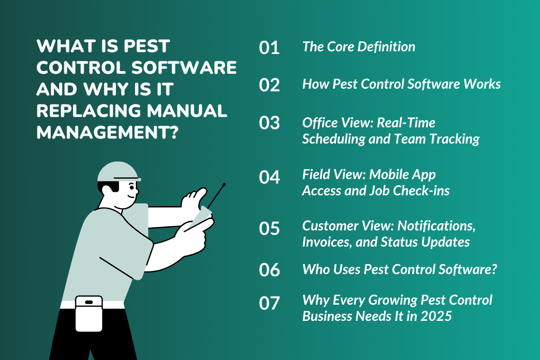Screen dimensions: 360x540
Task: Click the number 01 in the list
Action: (269, 48)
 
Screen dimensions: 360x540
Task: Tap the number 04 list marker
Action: (269, 177)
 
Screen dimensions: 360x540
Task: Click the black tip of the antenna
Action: (224, 184)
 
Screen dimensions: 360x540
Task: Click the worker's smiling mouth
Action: (131, 196)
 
